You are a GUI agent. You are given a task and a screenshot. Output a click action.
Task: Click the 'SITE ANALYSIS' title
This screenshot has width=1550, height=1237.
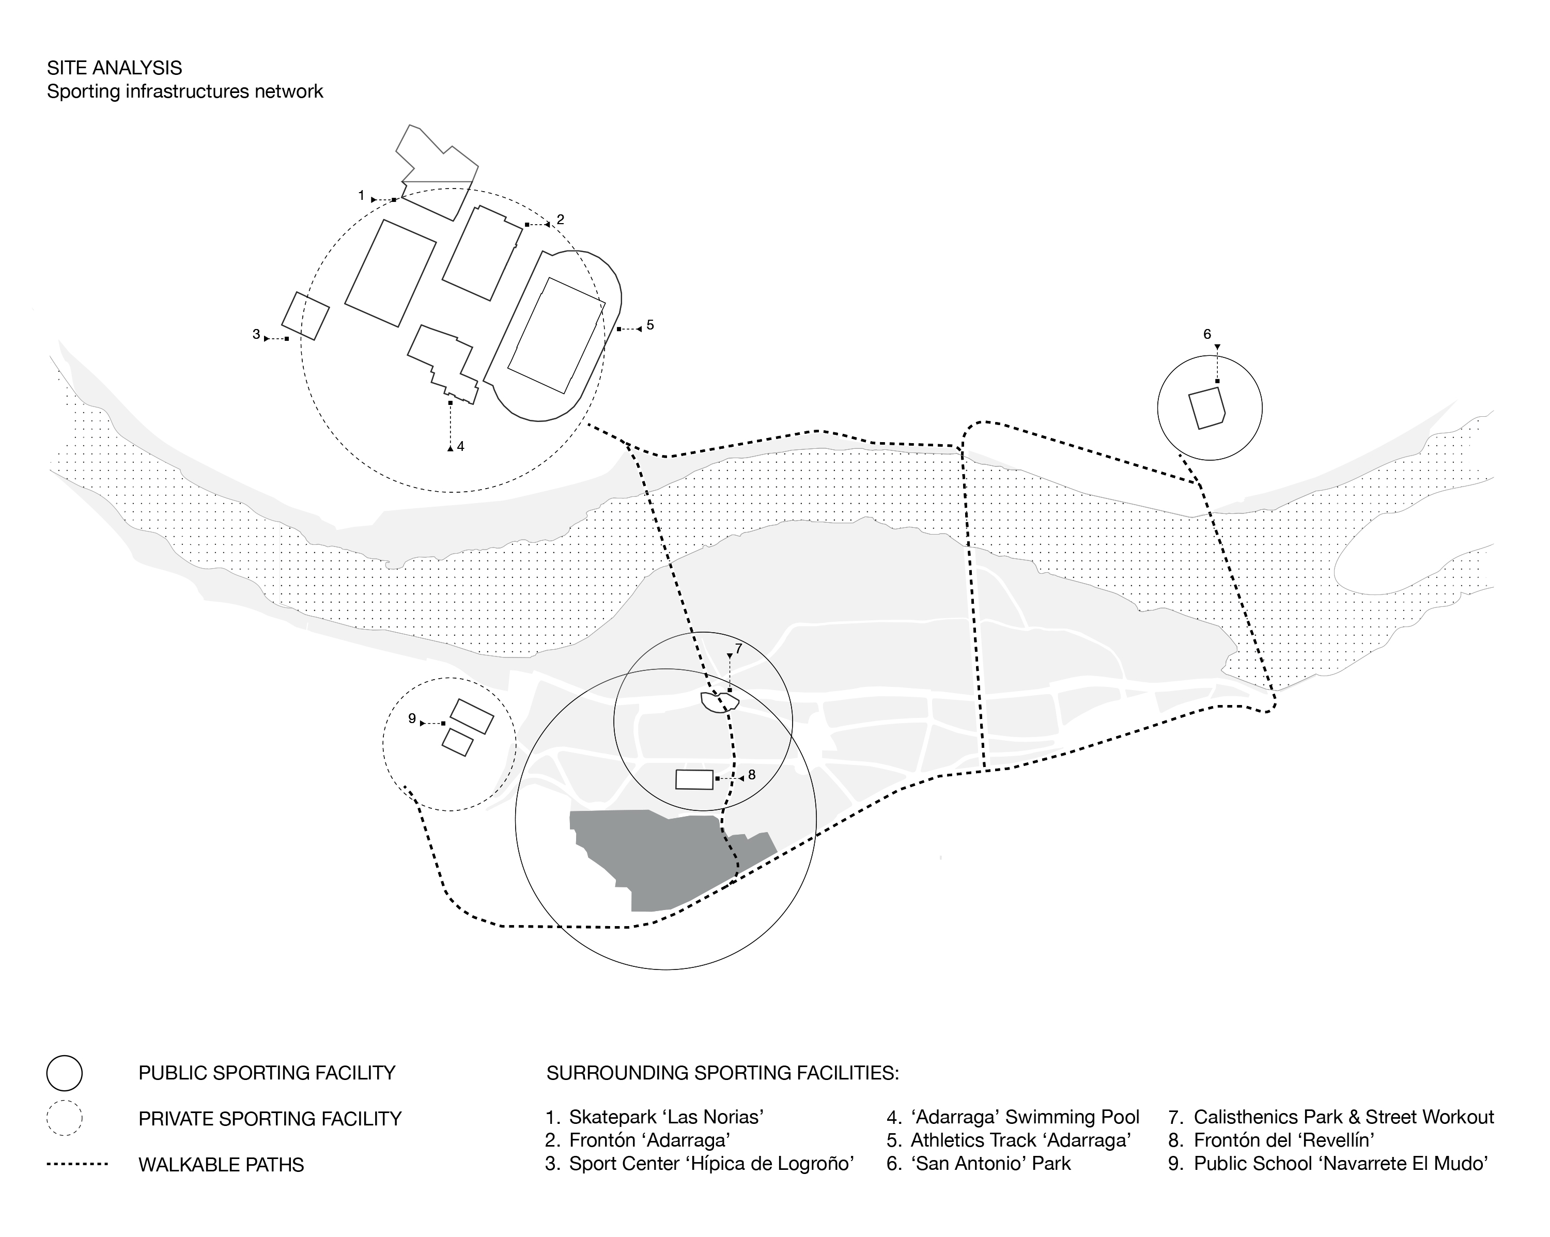114,68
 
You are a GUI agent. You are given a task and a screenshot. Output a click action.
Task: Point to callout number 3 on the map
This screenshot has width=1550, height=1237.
256,334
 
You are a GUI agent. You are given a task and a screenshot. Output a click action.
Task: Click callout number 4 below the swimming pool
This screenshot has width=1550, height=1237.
460,446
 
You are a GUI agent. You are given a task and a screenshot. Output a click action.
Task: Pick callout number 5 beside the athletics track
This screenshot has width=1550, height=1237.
650,325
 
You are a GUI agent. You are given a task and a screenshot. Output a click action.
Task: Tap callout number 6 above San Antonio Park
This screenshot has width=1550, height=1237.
1207,334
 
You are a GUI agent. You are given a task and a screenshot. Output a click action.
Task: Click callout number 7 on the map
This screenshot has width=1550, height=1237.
738,648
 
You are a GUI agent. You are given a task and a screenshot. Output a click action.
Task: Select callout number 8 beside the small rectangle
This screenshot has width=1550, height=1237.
751,775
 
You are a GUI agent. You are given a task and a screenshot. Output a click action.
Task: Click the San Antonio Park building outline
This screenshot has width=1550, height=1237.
1205,408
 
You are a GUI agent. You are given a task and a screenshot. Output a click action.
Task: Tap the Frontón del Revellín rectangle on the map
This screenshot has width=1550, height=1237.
694,779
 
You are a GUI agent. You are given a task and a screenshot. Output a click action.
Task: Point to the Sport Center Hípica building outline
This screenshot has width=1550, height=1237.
305,316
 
